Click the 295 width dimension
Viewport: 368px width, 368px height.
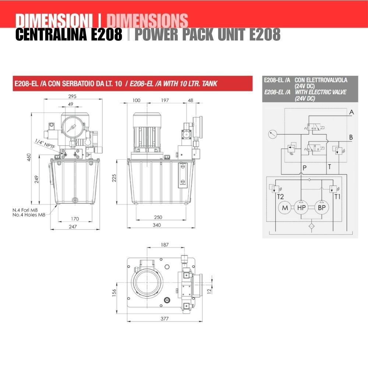[x=72, y=96]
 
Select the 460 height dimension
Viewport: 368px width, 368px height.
[x=29, y=157]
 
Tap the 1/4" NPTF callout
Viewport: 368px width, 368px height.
[x=45, y=144]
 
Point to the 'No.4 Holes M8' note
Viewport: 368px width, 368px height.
[x=29, y=215]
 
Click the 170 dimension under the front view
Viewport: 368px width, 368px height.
[x=75, y=219]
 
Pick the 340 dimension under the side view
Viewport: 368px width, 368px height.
[x=156, y=225]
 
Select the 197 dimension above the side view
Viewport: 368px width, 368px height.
[x=165, y=100]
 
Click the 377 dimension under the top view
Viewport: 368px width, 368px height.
[x=164, y=318]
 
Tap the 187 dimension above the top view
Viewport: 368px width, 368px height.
[x=165, y=245]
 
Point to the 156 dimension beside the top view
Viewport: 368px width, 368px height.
[x=114, y=293]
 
